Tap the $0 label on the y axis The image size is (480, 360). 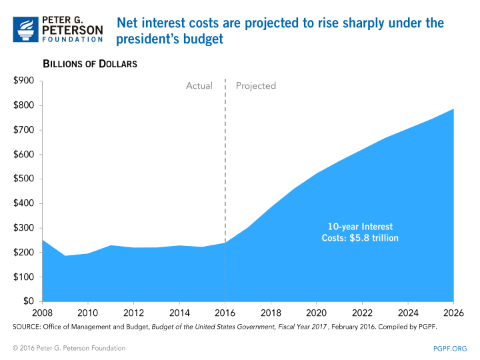[x=29, y=301]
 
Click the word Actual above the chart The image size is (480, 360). [x=199, y=85]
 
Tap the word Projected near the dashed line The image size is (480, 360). [x=256, y=85]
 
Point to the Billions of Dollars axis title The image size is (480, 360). [x=90, y=64]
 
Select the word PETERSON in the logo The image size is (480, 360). [x=73, y=29]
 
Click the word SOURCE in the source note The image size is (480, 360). [x=27, y=328]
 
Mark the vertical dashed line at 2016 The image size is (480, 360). [x=225, y=167]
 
